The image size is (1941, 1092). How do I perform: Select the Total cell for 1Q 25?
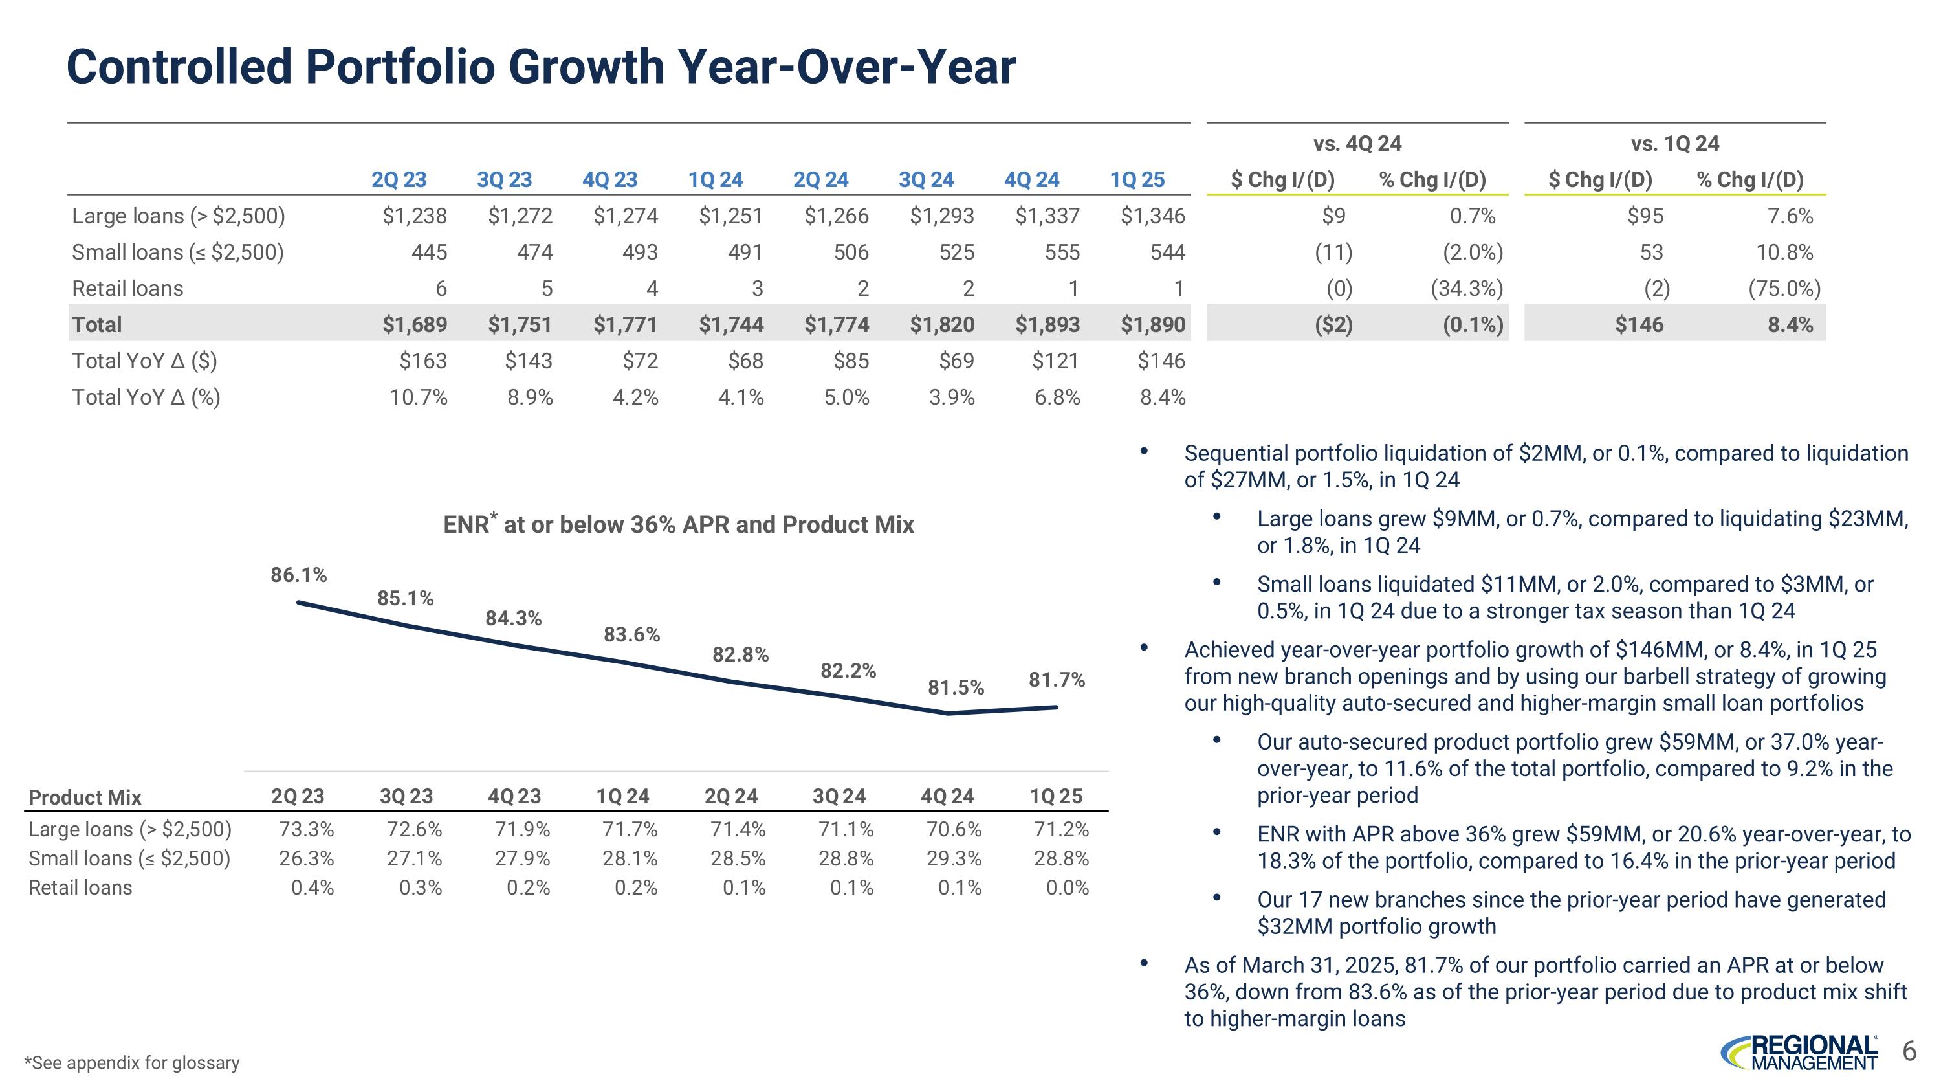coord(1153,325)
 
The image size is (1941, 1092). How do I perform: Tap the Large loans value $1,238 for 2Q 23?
coord(415,216)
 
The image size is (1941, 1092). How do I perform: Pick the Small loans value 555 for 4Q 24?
coord(1062,252)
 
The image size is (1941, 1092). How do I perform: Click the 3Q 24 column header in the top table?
coord(926,180)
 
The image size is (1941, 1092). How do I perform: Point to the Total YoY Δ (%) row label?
coord(146,397)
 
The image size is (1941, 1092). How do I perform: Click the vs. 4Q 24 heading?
coord(1357,143)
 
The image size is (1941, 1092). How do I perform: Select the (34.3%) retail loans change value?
coord(1466,289)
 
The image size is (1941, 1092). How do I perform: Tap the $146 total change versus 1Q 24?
coord(1639,325)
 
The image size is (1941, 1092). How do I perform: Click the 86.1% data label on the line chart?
coord(299,575)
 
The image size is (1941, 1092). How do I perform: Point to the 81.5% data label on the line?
coord(956,687)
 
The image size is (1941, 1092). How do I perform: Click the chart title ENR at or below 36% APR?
coord(678,524)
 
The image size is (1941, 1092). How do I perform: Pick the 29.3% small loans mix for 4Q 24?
coord(954,859)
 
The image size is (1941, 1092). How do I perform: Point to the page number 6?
coord(1909,1051)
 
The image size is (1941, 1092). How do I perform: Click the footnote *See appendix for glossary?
coord(132,1063)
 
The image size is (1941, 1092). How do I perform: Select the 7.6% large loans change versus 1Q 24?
coord(1790,216)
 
